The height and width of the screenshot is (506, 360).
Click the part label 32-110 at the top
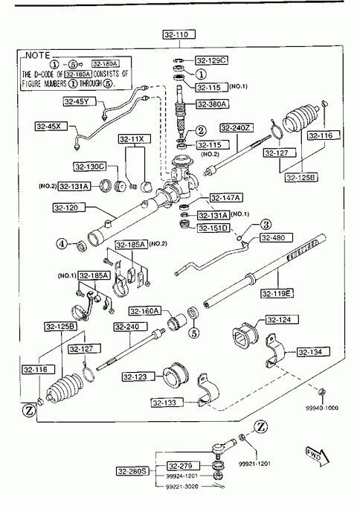click(179, 34)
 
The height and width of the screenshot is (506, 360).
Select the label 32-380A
click(213, 104)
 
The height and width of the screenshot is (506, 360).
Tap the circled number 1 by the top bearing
click(201, 74)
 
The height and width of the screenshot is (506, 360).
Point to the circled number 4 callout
click(62, 243)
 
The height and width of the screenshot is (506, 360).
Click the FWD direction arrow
click(317, 456)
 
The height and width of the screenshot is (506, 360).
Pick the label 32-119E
click(277, 293)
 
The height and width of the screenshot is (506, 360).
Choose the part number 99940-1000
click(322, 408)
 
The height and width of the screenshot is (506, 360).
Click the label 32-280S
click(132, 471)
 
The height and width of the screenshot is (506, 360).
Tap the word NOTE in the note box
click(38, 56)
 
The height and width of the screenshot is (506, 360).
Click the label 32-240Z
click(237, 128)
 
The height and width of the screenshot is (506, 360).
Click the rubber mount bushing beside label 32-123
click(176, 377)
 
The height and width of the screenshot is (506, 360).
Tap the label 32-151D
click(213, 228)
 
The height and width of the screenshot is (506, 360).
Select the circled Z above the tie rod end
click(260, 426)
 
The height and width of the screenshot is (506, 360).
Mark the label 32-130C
click(90, 167)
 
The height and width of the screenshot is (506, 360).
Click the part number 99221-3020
click(182, 487)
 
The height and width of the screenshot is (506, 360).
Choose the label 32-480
click(277, 238)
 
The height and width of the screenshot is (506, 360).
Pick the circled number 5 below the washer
click(193, 333)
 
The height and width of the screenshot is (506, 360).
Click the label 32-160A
click(144, 311)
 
